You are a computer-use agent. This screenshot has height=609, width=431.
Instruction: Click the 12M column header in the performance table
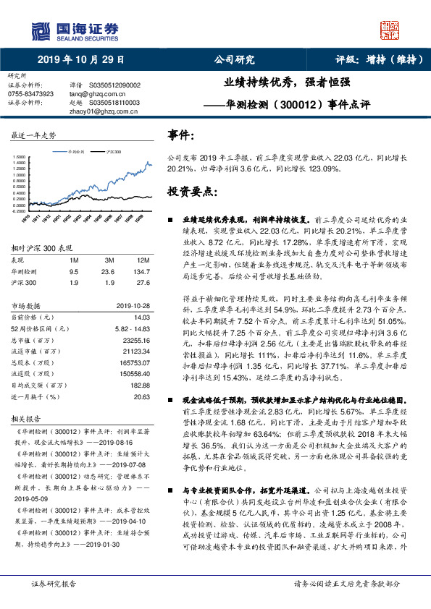143,260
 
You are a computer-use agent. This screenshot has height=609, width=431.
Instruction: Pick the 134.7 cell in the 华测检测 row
143,272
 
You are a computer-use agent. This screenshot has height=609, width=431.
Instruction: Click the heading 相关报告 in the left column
27,418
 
